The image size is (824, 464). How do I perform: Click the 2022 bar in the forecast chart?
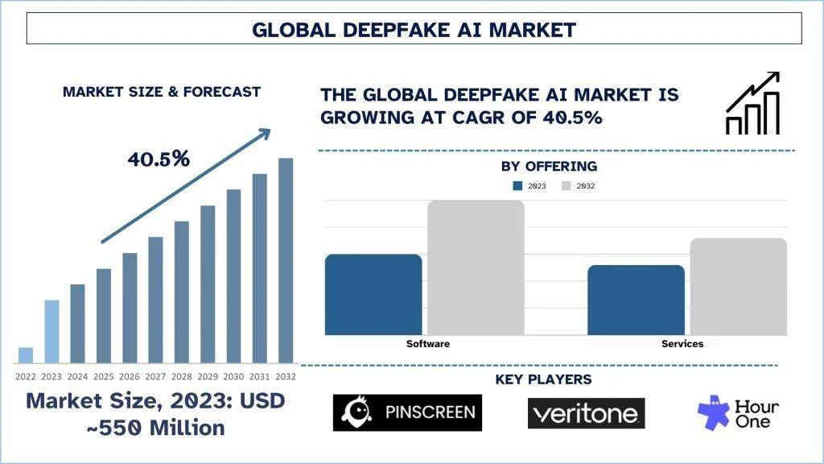[26, 355]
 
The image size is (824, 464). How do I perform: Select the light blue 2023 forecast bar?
[51, 331]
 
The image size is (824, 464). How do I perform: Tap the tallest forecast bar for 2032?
[286, 260]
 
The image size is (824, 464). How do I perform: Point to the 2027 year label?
[155, 376]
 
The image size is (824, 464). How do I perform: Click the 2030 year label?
[233, 376]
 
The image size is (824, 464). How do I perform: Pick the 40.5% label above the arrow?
[159, 159]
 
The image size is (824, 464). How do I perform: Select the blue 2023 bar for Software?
[373, 295]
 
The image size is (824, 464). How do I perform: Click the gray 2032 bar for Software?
[476, 267]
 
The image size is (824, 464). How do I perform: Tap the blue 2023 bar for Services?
[636, 300]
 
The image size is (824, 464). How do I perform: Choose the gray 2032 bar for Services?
[738, 286]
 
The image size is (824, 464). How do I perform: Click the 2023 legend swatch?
[518, 186]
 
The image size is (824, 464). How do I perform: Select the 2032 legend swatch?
[566, 186]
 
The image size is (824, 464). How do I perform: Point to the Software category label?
[428, 344]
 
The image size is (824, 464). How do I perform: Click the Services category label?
[682, 344]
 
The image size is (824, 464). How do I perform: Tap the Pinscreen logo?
[407, 412]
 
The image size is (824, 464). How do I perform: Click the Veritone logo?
[586, 414]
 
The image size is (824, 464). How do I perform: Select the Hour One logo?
[739, 412]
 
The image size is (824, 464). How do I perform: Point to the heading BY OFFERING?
[549, 167]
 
